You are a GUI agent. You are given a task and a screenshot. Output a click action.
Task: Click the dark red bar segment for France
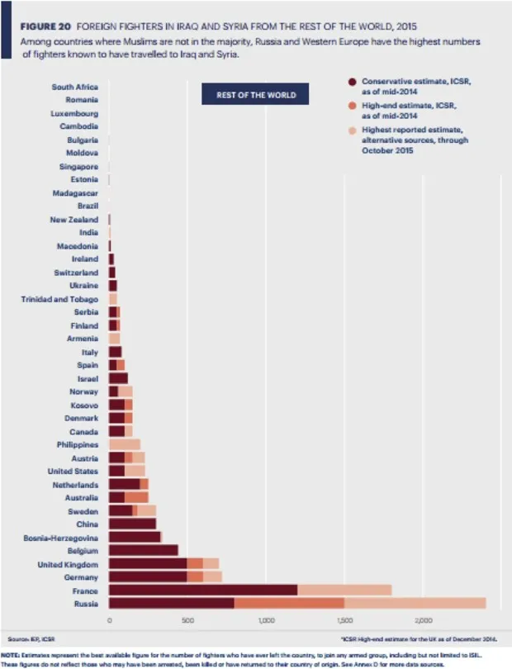[202, 591]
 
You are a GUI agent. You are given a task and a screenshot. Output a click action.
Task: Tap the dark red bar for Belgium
[143, 550]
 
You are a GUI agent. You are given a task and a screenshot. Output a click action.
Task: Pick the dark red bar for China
[132, 524]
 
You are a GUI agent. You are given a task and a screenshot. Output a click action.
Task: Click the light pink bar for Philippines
[124, 444]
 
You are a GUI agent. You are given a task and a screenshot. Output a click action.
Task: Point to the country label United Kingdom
[69, 563]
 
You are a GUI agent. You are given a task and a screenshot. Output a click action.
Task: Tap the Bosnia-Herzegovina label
[61, 537]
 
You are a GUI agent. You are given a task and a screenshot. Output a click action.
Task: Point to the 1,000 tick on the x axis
[265, 619]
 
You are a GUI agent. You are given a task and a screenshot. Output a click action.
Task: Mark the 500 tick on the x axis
[187, 619]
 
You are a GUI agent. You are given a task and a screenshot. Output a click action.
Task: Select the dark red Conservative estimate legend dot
[353, 81]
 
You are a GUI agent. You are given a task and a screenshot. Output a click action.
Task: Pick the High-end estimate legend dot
[353, 106]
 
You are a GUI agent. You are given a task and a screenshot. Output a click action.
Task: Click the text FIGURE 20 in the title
[43, 26]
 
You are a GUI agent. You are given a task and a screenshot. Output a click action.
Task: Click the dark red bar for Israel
[118, 378]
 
